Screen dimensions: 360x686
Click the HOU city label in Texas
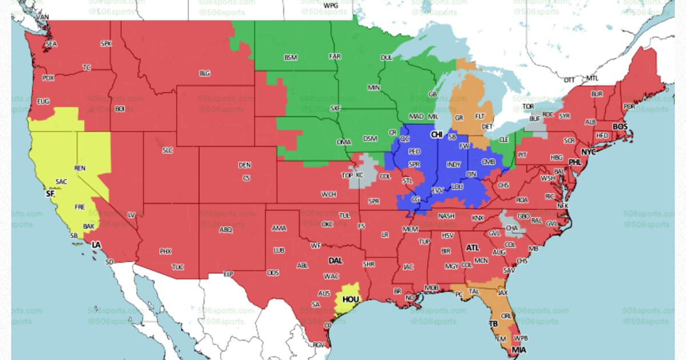[x=350, y=299]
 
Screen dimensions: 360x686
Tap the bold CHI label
[x=437, y=134]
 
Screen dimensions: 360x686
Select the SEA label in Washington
[x=51, y=44]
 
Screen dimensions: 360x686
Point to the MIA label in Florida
[x=519, y=350]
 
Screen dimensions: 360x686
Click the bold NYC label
[x=588, y=152]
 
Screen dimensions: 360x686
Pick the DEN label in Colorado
[x=245, y=165]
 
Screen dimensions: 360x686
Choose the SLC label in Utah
[x=167, y=150]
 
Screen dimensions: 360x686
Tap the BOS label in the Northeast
[x=620, y=126]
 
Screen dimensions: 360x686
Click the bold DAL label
[x=335, y=261]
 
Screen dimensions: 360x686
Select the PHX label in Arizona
[x=166, y=251]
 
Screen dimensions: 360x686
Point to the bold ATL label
[x=473, y=248]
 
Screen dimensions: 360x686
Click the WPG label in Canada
[x=331, y=5]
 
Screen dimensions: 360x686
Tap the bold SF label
[x=50, y=194]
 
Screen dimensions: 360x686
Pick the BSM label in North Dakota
[x=290, y=58]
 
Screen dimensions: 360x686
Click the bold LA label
[x=96, y=245]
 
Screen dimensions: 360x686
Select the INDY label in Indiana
[x=453, y=165]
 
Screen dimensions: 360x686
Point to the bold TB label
[x=493, y=323]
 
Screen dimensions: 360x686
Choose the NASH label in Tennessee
[x=446, y=217]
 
